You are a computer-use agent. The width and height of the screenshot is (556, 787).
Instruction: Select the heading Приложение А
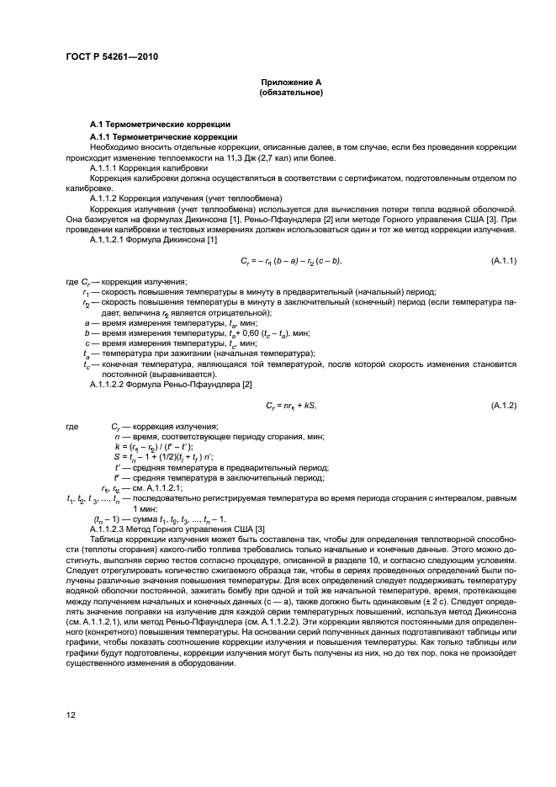[x=291, y=81]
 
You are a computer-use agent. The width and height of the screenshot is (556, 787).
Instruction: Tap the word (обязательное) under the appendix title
[x=291, y=92]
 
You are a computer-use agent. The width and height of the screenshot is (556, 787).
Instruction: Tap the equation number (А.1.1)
[x=502, y=262]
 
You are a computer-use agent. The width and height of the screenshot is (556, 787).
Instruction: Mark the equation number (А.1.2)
[x=502, y=405]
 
